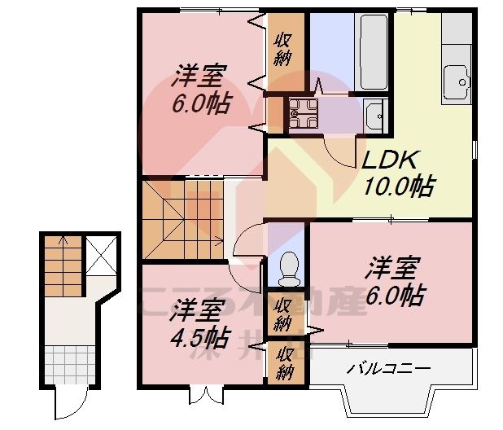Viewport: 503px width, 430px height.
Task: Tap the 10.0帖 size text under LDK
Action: [x=396, y=186]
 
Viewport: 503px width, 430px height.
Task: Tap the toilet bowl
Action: [x=286, y=270]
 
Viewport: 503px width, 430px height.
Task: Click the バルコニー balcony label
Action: [x=389, y=369]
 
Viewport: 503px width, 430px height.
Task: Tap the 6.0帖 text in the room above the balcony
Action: [x=395, y=294]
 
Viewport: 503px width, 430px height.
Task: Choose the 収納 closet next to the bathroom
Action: [x=284, y=50]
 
